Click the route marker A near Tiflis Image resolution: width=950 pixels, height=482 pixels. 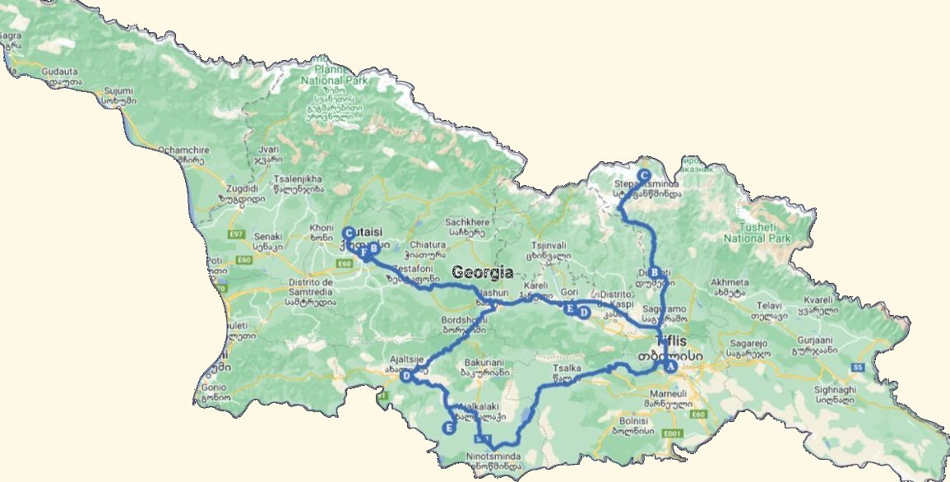[x=670, y=366]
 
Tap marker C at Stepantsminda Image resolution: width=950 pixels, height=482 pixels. [x=643, y=175]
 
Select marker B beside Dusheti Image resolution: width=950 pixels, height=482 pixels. [x=655, y=272]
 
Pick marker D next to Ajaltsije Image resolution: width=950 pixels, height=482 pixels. [x=405, y=376]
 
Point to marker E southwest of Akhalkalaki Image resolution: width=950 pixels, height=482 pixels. [x=448, y=427]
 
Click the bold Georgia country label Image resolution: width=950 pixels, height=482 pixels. [x=482, y=273]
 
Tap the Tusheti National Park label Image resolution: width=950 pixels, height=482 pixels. [x=756, y=233]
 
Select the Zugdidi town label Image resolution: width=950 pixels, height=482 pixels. [x=218, y=188]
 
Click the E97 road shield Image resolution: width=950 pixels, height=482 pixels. [x=237, y=235]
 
